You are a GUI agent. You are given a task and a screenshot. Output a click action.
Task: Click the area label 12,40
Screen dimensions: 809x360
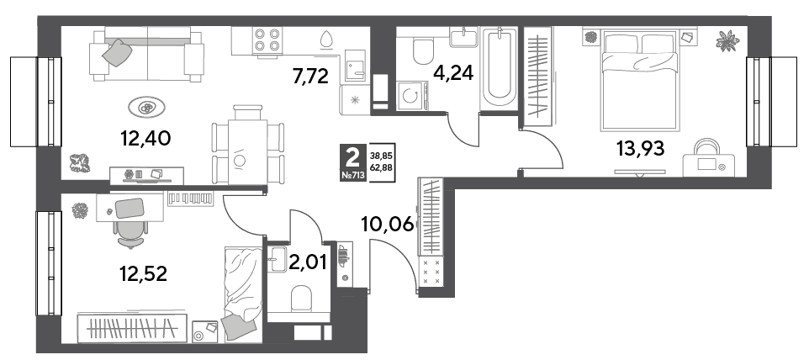click(145, 138)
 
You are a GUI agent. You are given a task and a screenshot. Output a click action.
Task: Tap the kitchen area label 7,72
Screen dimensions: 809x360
click(309, 77)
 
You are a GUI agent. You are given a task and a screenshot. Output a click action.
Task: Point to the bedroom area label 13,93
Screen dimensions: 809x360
click(641, 149)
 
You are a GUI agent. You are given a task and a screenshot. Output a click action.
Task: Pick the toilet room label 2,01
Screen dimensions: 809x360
click(309, 263)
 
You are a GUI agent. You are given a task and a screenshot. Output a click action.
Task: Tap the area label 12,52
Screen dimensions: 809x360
click(143, 274)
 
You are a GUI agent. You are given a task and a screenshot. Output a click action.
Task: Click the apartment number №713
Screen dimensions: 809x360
click(353, 175)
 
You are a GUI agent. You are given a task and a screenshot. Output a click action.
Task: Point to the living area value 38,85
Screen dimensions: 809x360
click(381, 154)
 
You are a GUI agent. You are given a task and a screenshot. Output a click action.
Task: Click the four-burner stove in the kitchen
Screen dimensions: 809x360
click(267, 40)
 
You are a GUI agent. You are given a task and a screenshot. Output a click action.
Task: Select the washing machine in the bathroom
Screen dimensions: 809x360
click(412, 95)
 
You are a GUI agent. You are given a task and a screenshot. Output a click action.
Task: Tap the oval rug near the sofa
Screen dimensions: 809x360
click(147, 109)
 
